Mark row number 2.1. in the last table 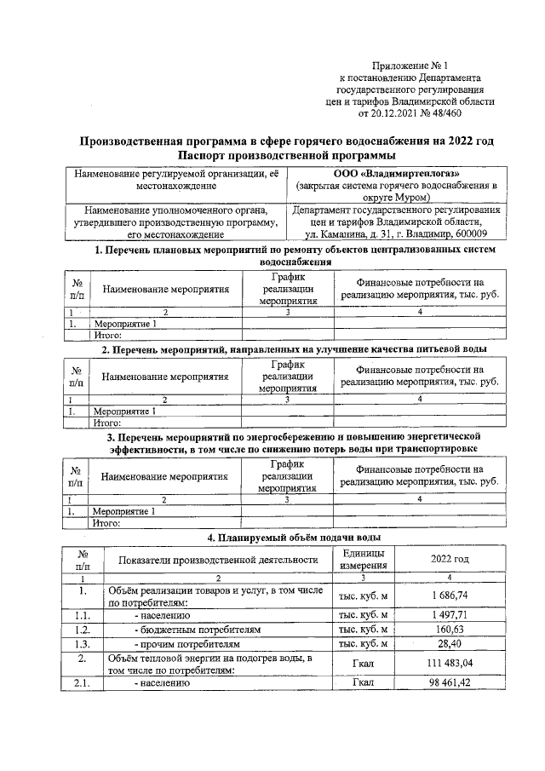coord(83,683)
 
